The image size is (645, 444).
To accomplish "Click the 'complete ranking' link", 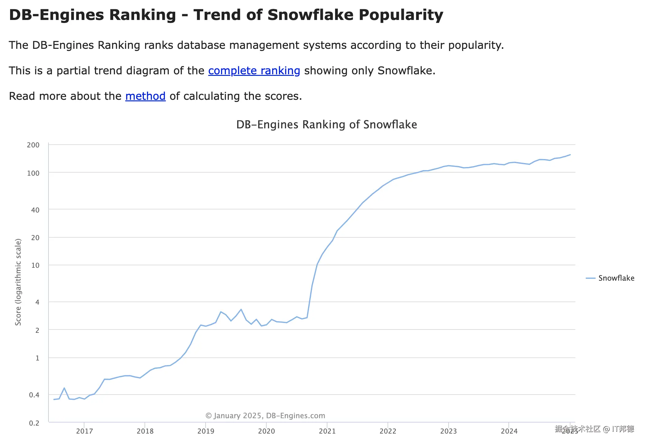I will (x=254, y=71).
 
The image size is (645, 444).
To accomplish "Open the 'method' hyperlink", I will (x=145, y=96).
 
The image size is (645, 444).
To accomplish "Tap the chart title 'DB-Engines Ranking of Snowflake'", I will (x=326, y=125).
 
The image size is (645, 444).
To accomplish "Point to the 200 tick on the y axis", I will (x=33, y=145).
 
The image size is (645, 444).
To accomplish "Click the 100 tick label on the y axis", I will (x=33, y=173).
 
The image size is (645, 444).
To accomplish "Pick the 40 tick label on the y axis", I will (x=35, y=210).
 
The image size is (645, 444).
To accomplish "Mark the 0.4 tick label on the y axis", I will (x=34, y=395).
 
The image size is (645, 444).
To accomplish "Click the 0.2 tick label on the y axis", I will (x=34, y=423).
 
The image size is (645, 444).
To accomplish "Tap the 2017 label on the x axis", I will (x=84, y=431).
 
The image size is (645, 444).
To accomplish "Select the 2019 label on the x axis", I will (x=206, y=431).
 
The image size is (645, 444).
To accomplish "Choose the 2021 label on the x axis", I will (x=327, y=431).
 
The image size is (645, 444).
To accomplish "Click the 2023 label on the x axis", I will (x=448, y=431).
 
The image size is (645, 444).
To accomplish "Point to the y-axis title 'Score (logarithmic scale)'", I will (x=18, y=282).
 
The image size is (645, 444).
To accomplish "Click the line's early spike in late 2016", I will (x=64, y=388).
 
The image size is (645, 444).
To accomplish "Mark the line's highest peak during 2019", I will (x=241, y=309).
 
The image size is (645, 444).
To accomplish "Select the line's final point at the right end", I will (x=570, y=155).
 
